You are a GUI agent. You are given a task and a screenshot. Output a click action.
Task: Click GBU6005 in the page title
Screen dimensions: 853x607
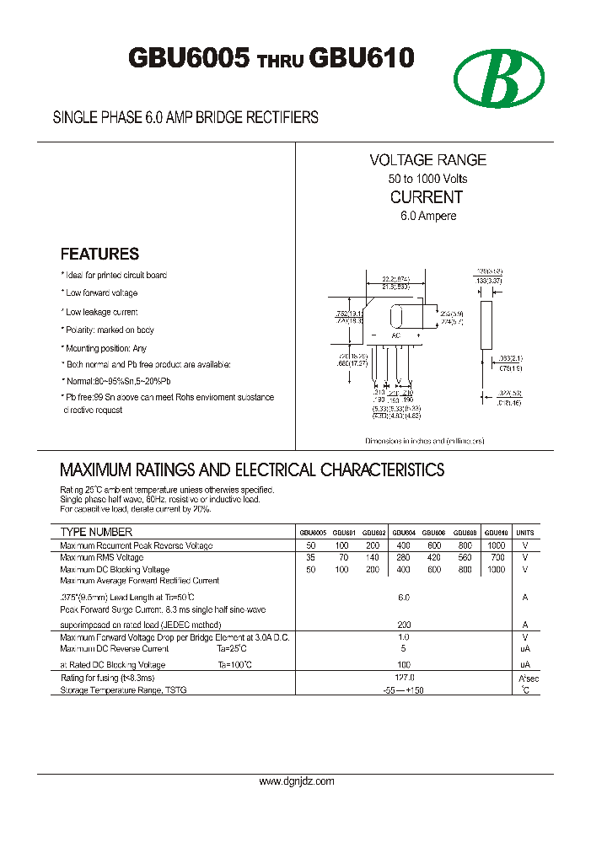(x=189, y=58)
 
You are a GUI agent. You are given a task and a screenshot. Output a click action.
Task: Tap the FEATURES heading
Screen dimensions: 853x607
(x=99, y=254)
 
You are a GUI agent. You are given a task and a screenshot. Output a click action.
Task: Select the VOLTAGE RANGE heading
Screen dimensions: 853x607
(x=427, y=160)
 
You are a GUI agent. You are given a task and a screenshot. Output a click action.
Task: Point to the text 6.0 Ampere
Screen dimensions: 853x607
(x=428, y=216)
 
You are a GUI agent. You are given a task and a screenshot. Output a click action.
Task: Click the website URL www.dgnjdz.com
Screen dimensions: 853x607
(x=296, y=781)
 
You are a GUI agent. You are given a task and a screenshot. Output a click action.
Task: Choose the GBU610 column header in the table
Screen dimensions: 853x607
(x=497, y=533)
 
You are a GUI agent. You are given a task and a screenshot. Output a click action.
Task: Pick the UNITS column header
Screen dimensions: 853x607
(x=525, y=533)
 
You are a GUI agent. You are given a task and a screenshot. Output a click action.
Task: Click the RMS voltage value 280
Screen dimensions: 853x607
(x=404, y=557)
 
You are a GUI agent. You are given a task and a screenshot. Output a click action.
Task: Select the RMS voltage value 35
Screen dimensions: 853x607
(x=310, y=557)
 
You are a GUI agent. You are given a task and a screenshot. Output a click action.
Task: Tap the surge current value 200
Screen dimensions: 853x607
(x=404, y=625)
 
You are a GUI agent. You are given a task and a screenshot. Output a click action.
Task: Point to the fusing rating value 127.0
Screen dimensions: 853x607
(x=404, y=678)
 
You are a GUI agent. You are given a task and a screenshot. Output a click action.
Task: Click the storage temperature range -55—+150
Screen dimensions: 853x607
(x=404, y=690)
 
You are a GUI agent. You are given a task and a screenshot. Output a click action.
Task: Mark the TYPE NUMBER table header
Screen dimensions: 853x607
(x=96, y=532)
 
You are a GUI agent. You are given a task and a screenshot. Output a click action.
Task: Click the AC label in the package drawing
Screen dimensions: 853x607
(x=396, y=336)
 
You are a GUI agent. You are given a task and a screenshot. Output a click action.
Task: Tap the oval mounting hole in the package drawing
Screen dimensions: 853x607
(x=396, y=317)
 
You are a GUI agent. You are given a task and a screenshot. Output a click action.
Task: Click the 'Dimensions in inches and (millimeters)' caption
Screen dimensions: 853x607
(x=425, y=441)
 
